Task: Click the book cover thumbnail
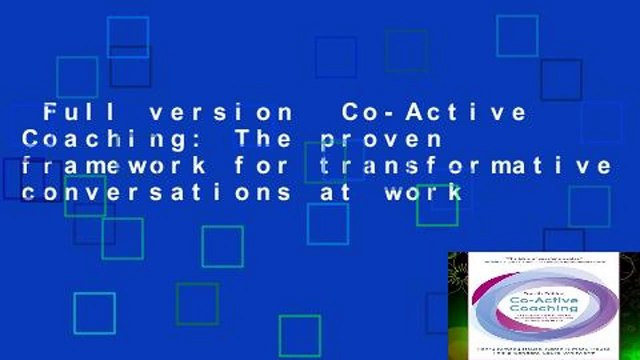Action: (x=543, y=305)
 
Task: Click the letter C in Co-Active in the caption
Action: (x=351, y=112)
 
